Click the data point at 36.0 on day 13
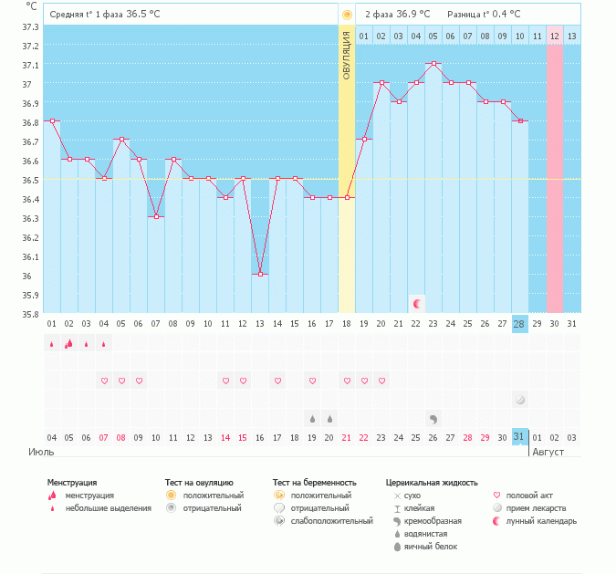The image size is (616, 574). click(x=261, y=275)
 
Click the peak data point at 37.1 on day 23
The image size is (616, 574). click(x=434, y=64)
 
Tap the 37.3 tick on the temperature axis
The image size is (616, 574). click(x=30, y=26)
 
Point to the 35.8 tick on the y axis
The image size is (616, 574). click(x=30, y=314)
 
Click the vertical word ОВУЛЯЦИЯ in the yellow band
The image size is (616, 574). click(x=347, y=54)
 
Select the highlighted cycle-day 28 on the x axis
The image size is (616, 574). click(x=520, y=325)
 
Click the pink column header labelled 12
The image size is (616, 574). click(x=555, y=36)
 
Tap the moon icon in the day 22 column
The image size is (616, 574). click(x=417, y=303)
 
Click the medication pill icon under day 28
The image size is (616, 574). click(x=520, y=399)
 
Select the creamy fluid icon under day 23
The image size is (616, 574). click(x=433, y=418)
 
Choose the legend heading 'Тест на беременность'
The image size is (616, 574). click(x=314, y=482)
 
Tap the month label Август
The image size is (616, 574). click(x=548, y=452)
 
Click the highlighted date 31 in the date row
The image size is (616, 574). click(x=520, y=437)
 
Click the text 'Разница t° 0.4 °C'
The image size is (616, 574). click(x=484, y=15)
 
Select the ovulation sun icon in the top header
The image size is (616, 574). click(x=347, y=16)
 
